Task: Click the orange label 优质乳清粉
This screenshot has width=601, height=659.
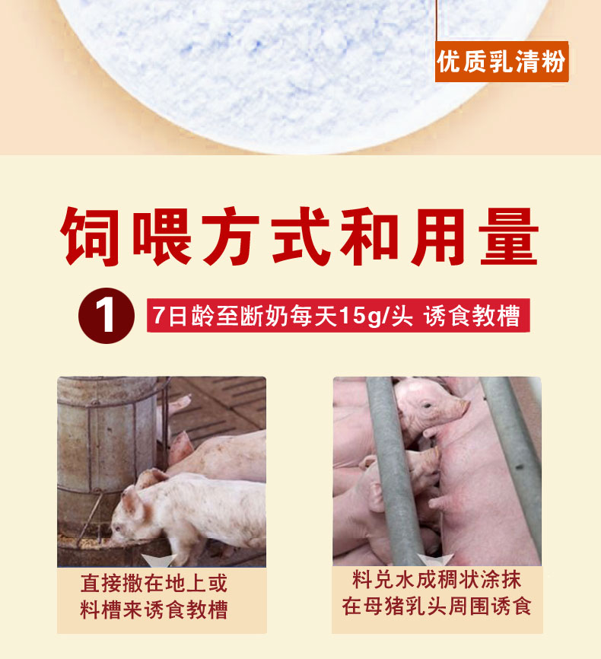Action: pyautogui.click(x=501, y=62)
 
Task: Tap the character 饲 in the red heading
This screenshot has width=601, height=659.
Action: pyautogui.click(x=91, y=236)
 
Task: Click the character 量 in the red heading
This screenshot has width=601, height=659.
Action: pyautogui.click(x=509, y=236)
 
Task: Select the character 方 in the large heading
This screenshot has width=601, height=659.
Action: pyautogui.click(x=231, y=236)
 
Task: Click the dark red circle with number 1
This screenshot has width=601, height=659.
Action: pyautogui.click(x=107, y=316)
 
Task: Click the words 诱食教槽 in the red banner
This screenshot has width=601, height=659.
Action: pyautogui.click(x=472, y=316)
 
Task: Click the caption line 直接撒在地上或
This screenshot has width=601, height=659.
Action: pyautogui.click(x=154, y=584)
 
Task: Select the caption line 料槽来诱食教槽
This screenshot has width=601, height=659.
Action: pyautogui.click(x=154, y=610)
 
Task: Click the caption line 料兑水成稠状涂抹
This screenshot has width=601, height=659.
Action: pyautogui.click(x=437, y=580)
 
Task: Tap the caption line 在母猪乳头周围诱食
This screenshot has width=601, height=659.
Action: pyautogui.click(x=437, y=606)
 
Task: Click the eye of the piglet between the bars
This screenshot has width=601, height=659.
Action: pyautogui.click(x=427, y=406)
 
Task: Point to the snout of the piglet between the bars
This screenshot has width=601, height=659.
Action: pyautogui.click(x=463, y=406)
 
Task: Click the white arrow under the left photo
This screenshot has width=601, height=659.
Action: pyautogui.click(x=158, y=561)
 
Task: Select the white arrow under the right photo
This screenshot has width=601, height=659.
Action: pyautogui.click(x=435, y=560)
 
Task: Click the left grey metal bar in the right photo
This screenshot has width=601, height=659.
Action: pyautogui.click(x=393, y=471)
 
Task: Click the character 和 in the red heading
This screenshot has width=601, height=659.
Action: pyautogui.click(x=369, y=236)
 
